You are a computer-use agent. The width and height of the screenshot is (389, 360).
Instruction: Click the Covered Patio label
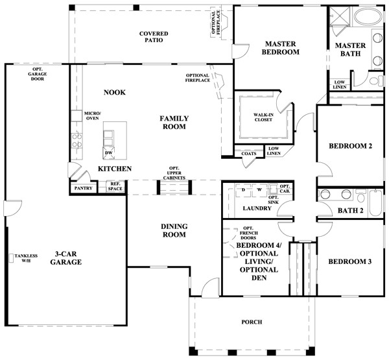pyautogui.click(x=154, y=37)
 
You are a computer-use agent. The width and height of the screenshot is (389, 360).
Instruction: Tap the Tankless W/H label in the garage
pyautogui.click(x=26, y=258)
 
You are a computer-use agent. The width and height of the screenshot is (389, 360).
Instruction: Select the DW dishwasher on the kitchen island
pyautogui.click(x=109, y=153)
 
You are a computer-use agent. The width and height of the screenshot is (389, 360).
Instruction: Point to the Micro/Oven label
pyautogui.click(x=92, y=115)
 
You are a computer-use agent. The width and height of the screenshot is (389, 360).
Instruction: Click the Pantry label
pyautogui.click(x=84, y=188)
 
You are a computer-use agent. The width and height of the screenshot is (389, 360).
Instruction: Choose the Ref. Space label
pyautogui.click(x=115, y=186)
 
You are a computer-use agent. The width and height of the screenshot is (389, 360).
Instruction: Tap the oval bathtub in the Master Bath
pyautogui.click(x=368, y=17)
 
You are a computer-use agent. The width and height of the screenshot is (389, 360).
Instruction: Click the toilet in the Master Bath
pyautogui.click(x=376, y=80)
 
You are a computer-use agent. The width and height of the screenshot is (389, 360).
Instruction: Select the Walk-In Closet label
pyautogui.click(x=263, y=117)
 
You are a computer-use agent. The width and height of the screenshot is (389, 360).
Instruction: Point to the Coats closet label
pyautogui.click(x=249, y=154)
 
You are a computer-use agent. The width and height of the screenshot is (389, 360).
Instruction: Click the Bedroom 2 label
pyautogui.click(x=350, y=146)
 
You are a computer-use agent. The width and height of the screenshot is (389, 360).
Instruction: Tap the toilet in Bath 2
pyautogui.click(x=360, y=196)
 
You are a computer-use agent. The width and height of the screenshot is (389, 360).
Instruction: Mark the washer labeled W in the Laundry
pyautogui.click(x=259, y=190)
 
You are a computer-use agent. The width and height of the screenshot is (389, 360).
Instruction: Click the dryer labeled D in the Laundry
pyautogui.click(x=244, y=190)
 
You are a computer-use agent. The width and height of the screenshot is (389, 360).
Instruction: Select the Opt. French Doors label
pyautogui.click(x=248, y=233)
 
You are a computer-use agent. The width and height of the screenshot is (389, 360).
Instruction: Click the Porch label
pyautogui.click(x=252, y=322)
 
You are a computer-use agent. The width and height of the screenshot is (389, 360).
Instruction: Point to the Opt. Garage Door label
pyautogui.click(x=38, y=74)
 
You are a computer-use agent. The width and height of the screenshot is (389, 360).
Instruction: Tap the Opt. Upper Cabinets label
pyautogui.click(x=174, y=173)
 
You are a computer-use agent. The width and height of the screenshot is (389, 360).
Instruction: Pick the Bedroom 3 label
pyautogui.click(x=350, y=261)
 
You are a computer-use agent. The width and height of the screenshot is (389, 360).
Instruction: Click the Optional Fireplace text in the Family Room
pyautogui.click(x=198, y=78)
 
